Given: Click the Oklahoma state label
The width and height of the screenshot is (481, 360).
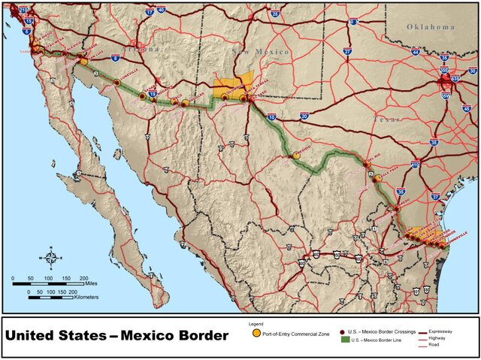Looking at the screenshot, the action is pyautogui.click(x=431, y=27).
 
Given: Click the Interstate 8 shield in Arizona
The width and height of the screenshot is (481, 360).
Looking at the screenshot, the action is pyautogui.click(x=115, y=57).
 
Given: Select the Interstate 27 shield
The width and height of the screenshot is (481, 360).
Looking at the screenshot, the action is pyautogui.click(x=347, y=52).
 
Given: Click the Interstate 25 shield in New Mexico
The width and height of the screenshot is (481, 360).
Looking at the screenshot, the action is pyautogui.click(x=275, y=14).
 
